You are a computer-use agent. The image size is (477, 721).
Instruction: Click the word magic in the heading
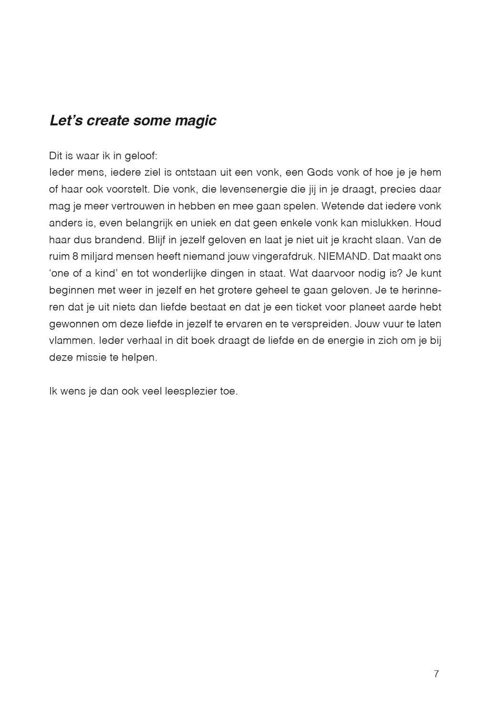(196, 121)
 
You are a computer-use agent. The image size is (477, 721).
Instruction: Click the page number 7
(436, 674)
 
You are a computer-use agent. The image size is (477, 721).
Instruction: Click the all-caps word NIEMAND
(343, 257)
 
